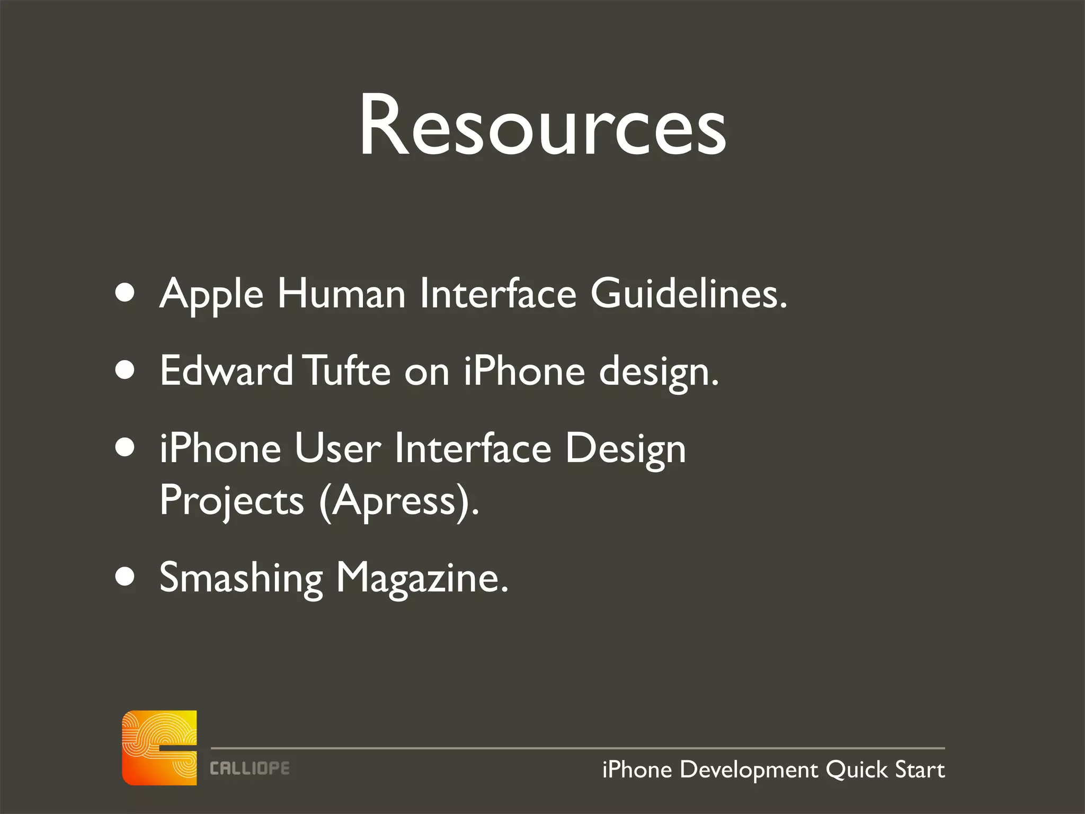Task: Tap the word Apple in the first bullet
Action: click(x=211, y=295)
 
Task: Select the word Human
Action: click(x=341, y=295)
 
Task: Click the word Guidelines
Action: click(x=688, y=294)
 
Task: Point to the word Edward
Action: click(x=226, y=371)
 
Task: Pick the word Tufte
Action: click(x=349, y=371)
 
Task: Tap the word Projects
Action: click(x=232, y=501)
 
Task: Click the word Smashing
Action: click(x=241, y=578)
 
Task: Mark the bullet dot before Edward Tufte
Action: click(x=125, y=370)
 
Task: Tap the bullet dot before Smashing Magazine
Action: click(x=125, y=577)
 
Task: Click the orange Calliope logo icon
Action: click(x=159, y=748)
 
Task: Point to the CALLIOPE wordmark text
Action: click(x=250, y=768)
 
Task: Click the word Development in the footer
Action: click(x=749, y=770)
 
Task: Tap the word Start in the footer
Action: click(x=920, y=770)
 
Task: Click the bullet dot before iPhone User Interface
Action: click(x=125, y=448)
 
